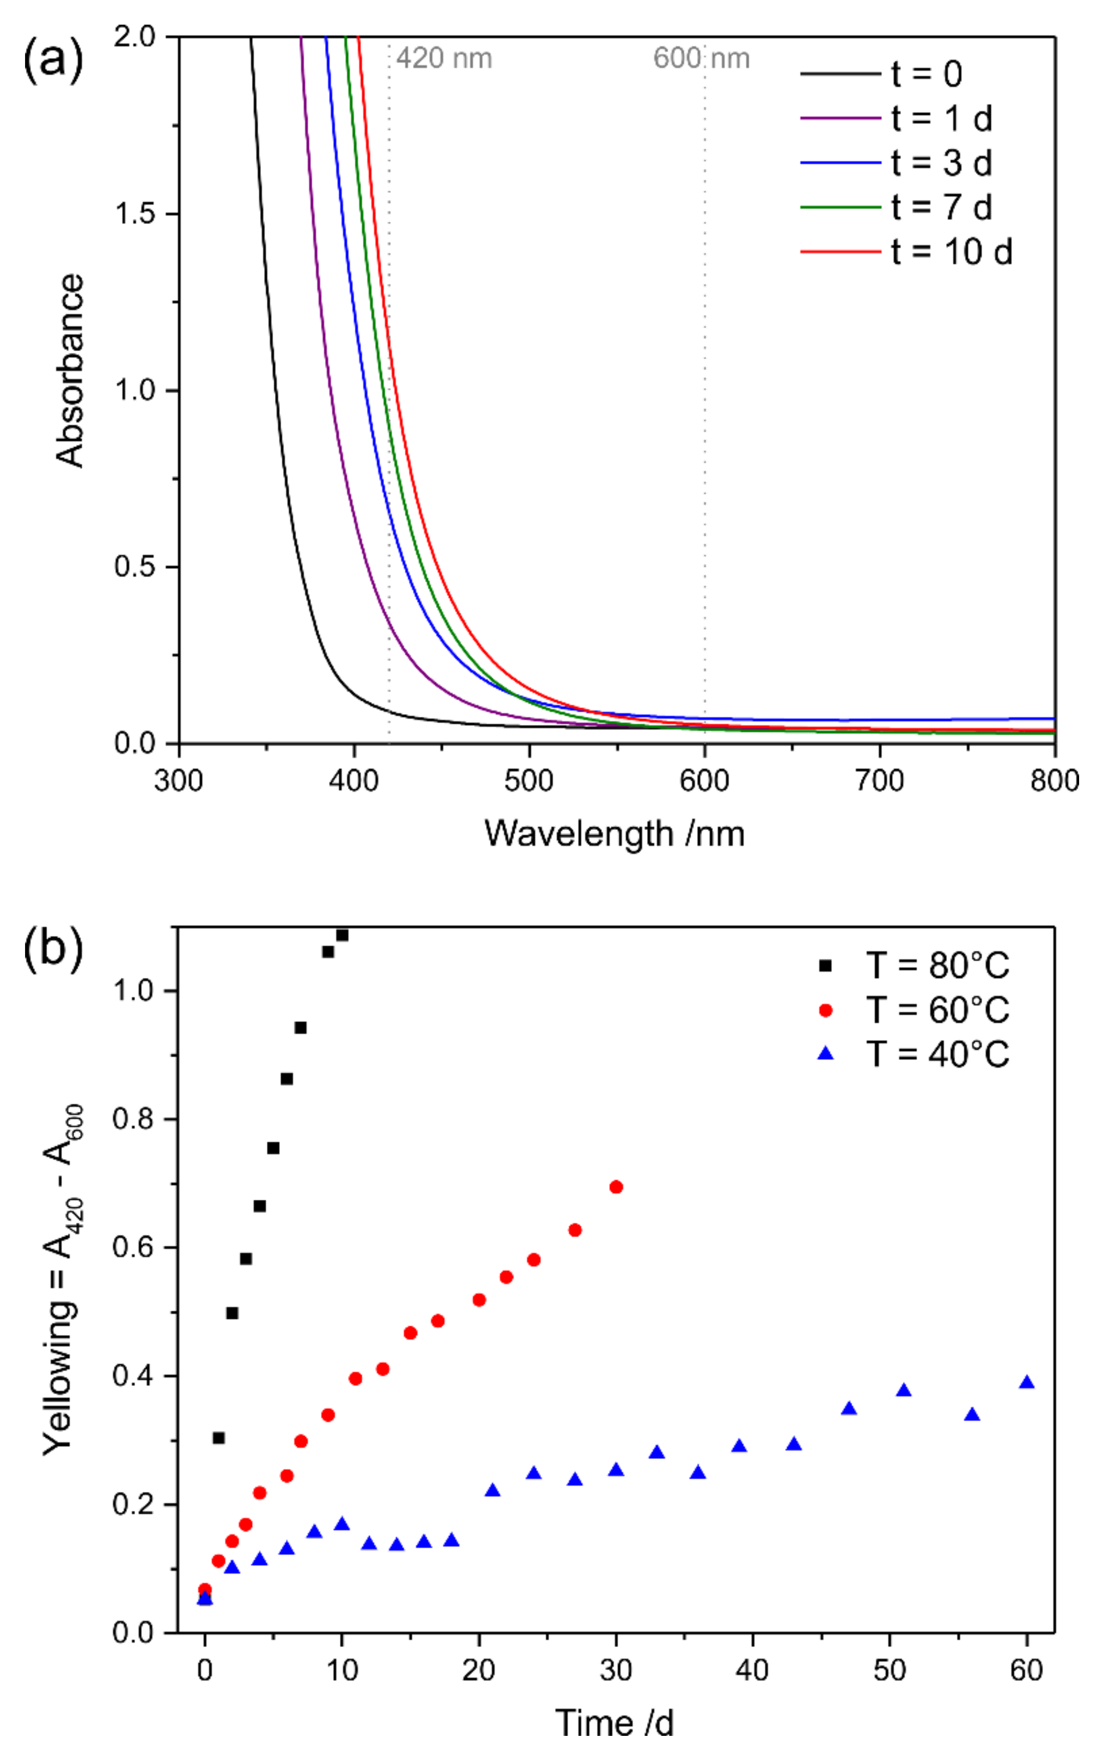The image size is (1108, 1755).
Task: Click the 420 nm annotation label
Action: tap(444, 58)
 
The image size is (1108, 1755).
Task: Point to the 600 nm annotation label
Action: tap(701, 58)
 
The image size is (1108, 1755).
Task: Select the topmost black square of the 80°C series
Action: tap(342, 935)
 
